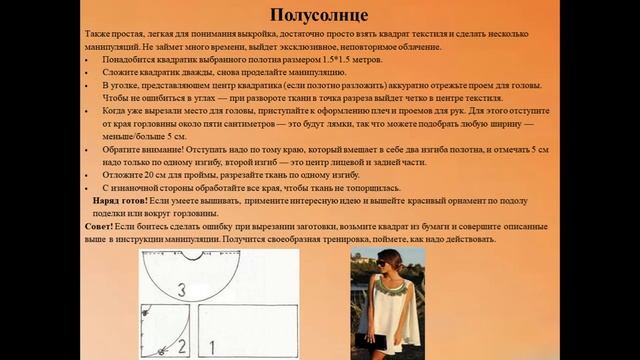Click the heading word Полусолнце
[x=319, y=15]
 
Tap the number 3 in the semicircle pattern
[x=180, y=289]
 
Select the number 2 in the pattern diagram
[x=181, y=347]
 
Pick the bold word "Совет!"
[x=101, y=227]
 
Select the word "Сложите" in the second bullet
[x=120, y=74]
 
